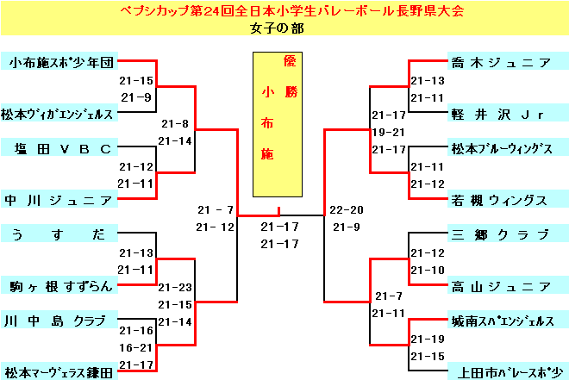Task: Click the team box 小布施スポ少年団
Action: coord(59,62)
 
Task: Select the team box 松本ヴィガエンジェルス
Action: coord(59,113)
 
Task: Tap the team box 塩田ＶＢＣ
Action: coord(59,148)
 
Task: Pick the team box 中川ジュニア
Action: coord(59,200)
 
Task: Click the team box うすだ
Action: coord(59,234)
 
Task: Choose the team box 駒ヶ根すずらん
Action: coord(59,286)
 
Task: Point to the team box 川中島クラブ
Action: coord(59,321)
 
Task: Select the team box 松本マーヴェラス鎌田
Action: coord(59,372)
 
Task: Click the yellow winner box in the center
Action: coord(278,124)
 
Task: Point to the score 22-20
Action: coord(347,210)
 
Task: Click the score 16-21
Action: coord(136,347)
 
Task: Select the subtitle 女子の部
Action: coord(278,28)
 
